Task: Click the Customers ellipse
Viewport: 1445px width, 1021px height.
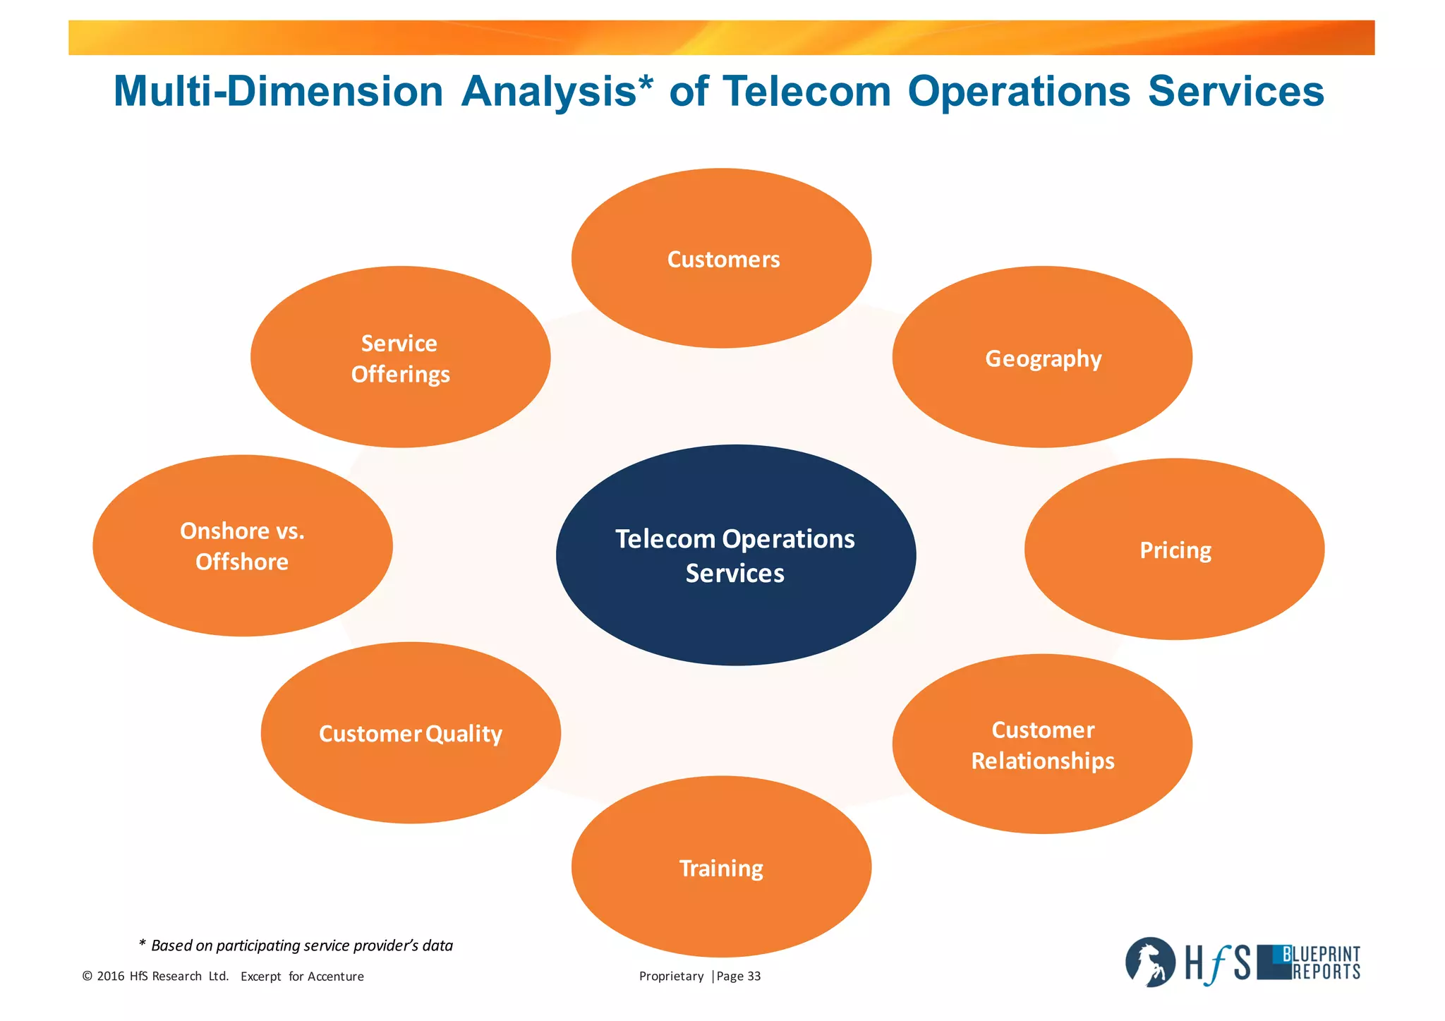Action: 721,258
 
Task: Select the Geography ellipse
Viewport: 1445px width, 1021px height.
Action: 1042,357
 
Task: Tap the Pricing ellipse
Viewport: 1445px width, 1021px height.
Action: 1174,549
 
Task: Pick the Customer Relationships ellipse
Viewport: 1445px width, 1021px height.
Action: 1042,744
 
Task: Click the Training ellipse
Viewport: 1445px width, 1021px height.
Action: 721,867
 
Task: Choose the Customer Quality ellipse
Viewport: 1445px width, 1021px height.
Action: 411,733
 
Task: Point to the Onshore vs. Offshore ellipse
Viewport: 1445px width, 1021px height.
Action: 242,545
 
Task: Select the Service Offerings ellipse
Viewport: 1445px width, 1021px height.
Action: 400,357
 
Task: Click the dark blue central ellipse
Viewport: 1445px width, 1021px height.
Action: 735,555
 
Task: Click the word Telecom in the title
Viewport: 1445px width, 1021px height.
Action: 806,92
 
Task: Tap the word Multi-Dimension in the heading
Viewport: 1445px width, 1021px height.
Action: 278,92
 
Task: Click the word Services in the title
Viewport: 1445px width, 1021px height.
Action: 1235,92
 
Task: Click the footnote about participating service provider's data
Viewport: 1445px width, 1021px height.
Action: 296,946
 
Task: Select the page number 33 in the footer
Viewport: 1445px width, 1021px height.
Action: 754,977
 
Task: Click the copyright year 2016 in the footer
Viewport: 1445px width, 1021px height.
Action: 111,977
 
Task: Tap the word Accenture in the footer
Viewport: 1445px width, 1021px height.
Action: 336,977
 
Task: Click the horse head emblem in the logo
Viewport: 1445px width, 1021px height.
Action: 1149,962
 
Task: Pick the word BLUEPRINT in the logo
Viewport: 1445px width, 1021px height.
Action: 1321,955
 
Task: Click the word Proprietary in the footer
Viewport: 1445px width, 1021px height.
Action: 671,977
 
